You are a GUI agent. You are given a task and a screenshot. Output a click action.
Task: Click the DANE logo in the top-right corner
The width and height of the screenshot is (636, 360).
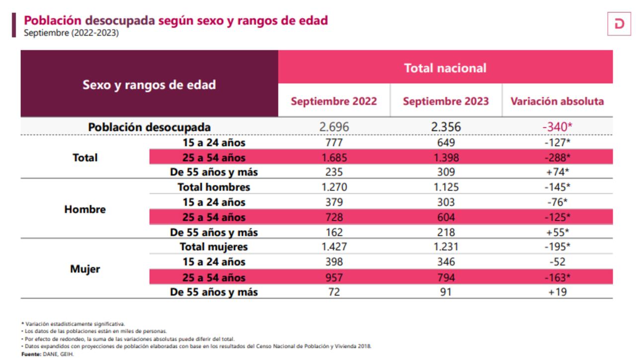coord(619,24)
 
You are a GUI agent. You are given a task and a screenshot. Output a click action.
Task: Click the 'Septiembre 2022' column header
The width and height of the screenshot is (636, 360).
coord(334,101)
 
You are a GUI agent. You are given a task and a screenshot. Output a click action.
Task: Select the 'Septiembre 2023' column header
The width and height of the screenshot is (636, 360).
coord(446,101)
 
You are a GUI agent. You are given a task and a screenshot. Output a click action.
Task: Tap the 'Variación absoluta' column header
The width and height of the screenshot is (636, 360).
coord(557,101)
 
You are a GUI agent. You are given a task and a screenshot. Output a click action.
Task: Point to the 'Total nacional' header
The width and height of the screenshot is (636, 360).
coord(445,68)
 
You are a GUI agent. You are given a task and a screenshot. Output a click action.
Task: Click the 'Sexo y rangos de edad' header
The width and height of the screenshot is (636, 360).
coord(149,84)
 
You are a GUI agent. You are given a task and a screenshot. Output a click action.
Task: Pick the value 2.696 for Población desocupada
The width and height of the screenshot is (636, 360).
coord(334,127)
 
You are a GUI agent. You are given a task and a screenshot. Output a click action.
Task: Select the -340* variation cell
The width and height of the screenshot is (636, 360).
coord(557,127)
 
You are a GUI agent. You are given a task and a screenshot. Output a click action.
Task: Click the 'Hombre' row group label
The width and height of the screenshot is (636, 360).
coord(85,210)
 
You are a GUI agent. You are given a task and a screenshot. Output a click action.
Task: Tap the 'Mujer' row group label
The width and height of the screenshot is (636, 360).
coord(85,269)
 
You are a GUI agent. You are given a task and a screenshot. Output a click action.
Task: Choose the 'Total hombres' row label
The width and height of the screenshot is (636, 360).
coord(214,187)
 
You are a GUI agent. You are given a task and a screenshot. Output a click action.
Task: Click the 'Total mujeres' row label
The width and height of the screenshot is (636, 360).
coord(214,247)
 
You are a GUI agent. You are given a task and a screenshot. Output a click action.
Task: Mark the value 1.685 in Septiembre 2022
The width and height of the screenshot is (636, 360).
coord(334,158)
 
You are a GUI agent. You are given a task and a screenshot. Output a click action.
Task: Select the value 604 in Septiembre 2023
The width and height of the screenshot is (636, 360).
coord(446,217)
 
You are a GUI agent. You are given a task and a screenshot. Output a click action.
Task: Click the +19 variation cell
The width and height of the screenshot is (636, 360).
coord(557,292)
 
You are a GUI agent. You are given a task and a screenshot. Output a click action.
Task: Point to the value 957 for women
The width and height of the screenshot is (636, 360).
coord(334,277)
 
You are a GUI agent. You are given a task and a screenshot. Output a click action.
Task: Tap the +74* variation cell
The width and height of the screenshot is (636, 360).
coord(557,173)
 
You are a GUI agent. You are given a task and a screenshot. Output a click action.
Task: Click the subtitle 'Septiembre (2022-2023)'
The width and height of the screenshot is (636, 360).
coord(72,33)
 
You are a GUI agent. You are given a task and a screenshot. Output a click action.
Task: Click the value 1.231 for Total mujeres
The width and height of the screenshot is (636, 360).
coord(446,247)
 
